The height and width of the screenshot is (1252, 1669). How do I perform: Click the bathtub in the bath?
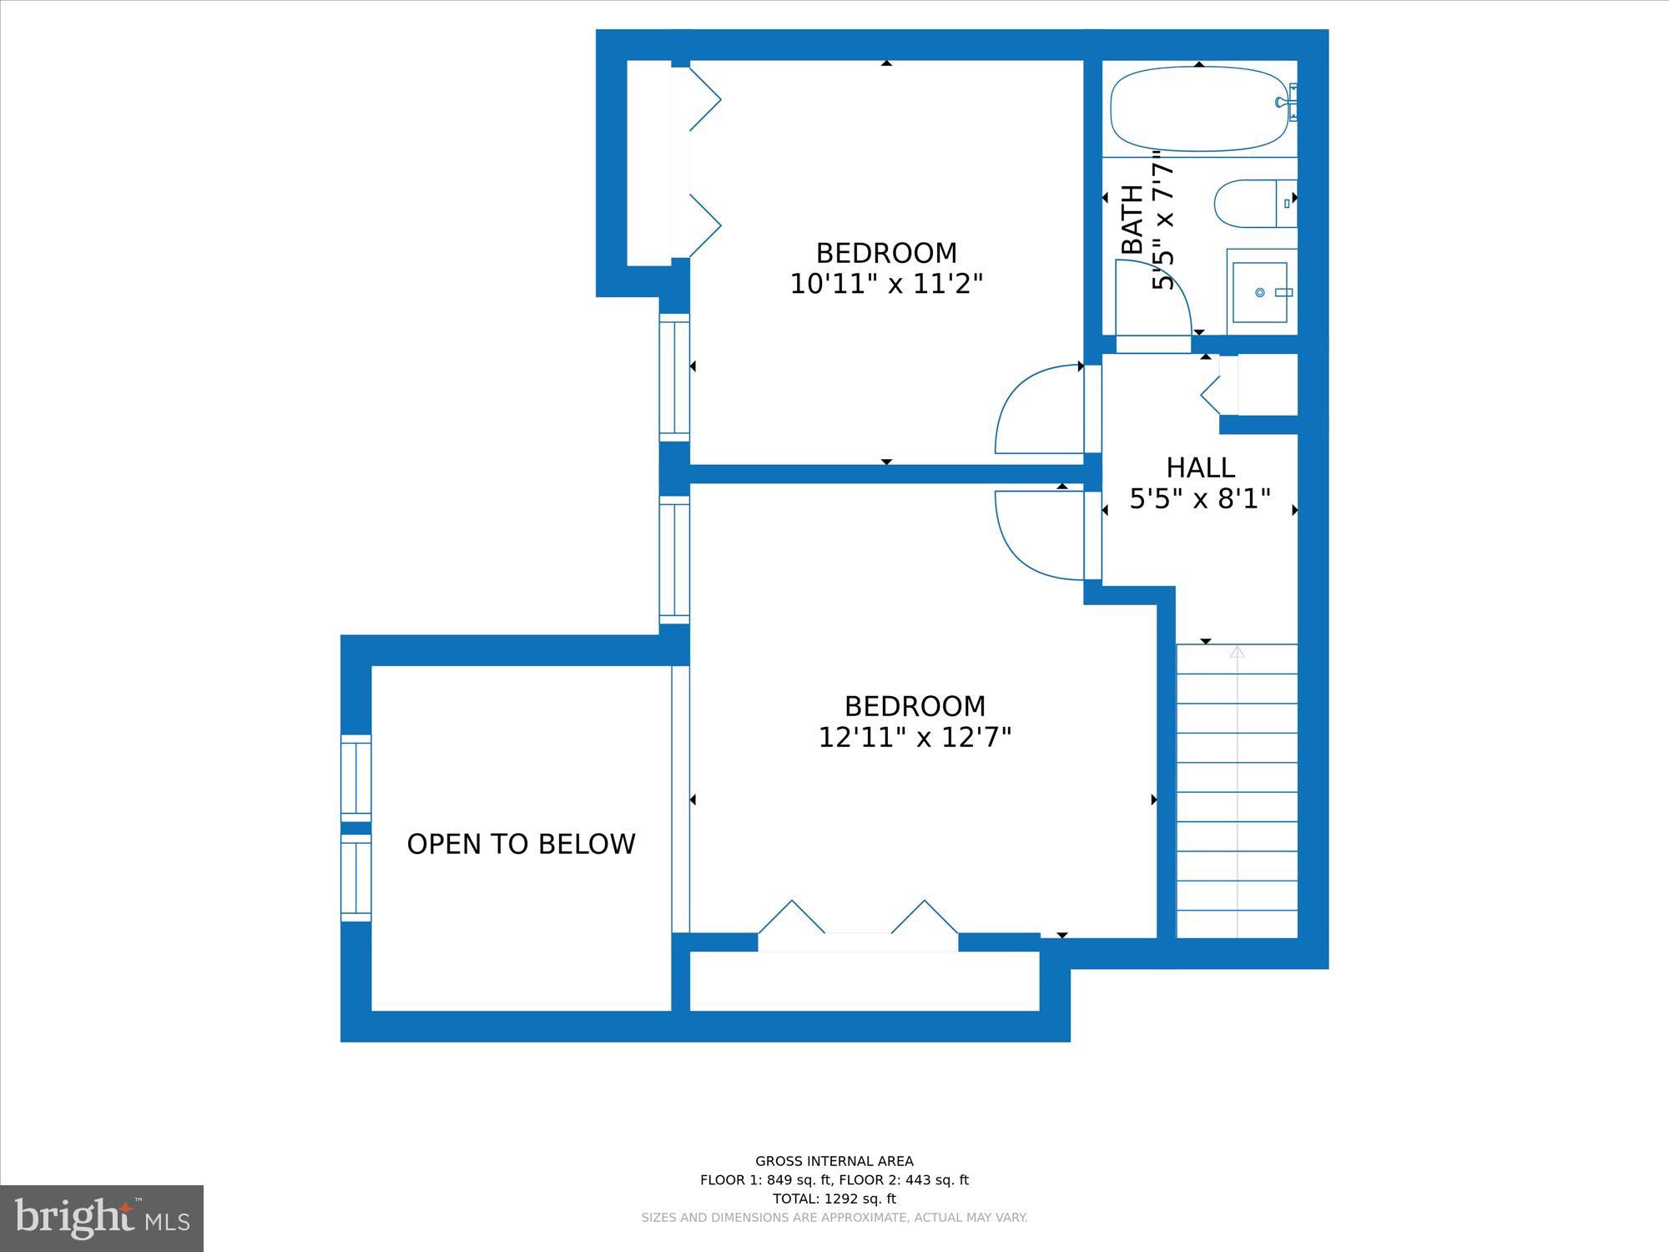click(x=1198, y=109)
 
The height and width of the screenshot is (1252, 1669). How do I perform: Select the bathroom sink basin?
click(x=1262, y=292)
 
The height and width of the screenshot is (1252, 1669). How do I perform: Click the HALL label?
click(x=1200, y=467)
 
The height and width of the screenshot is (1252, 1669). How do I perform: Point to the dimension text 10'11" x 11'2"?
click(x=886, y=285)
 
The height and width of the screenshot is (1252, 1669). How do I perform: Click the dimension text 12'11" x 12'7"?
click(x=915, y=738)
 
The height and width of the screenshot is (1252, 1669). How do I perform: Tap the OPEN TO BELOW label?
click(x=521, y=844)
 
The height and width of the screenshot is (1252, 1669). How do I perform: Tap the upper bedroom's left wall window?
click(x=674, y=377)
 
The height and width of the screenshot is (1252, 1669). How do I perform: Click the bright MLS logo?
click(x=102, y=1219)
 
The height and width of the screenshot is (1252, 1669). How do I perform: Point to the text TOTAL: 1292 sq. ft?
click(x=834, y=1199)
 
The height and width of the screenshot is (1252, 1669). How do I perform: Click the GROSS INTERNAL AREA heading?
click(x=834, y=1161)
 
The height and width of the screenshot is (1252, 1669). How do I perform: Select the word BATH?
click(x=1132, y=220)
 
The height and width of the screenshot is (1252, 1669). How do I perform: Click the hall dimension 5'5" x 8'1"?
click(x=1200, y=499)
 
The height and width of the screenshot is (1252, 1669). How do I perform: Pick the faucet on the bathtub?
click(x=1286, y=103)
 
